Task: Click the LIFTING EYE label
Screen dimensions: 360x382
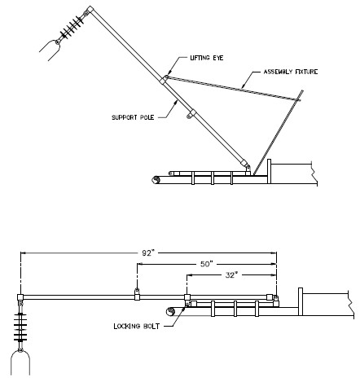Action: pos(207,58)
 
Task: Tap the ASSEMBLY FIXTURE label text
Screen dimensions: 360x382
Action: pos(291,72)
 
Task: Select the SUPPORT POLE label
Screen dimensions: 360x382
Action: pos(133,117)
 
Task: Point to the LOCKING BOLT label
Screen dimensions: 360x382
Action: pos(137,326)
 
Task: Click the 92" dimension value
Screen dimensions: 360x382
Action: pos(148,253)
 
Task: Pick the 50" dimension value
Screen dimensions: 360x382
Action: pos(206,264)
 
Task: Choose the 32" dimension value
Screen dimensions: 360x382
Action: pos(231,275)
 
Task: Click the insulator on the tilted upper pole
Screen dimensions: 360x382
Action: pos(72,28)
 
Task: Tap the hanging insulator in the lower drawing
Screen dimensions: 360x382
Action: pos(20,327)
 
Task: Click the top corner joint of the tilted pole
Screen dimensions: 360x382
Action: pos(90,11)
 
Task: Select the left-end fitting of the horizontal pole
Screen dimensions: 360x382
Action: pos(20,297)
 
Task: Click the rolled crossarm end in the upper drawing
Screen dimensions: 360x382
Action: pos(156,180)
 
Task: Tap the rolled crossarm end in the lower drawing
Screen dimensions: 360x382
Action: pos(170,311)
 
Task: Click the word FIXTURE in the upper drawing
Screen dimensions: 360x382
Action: pos(305,72)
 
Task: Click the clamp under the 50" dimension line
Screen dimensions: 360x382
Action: pos(137,294)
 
